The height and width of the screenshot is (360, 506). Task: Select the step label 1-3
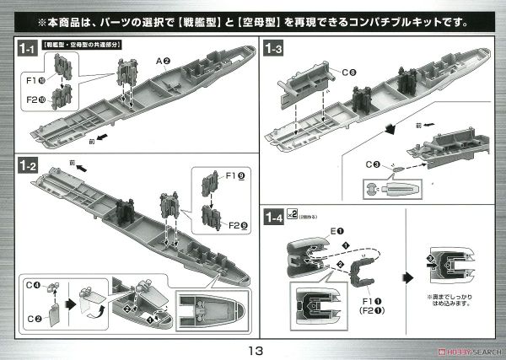(274, 50)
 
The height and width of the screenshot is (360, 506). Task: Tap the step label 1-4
(274, 218)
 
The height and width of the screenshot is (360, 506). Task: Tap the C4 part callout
(31, 286)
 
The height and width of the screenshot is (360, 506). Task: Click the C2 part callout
(32, 317)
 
